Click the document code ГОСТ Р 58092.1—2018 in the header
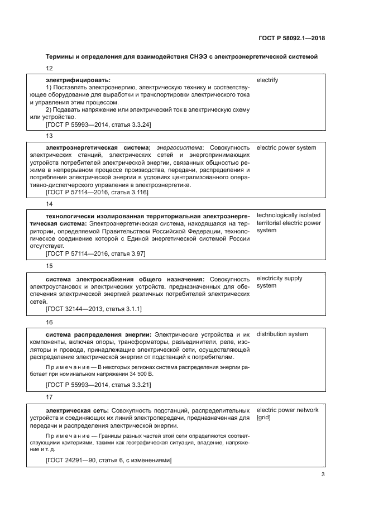292,39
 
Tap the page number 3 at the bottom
323,475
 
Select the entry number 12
49,68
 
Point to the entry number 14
49,204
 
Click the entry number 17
49,398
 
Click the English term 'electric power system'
286,148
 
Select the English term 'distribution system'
282,334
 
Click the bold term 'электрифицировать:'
78,80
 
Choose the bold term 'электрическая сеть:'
77,410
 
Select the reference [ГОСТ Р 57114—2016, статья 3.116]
97,192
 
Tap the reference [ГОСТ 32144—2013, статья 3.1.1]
93,308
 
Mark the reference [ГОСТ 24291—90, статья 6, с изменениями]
108,460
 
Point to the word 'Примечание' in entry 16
64,367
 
